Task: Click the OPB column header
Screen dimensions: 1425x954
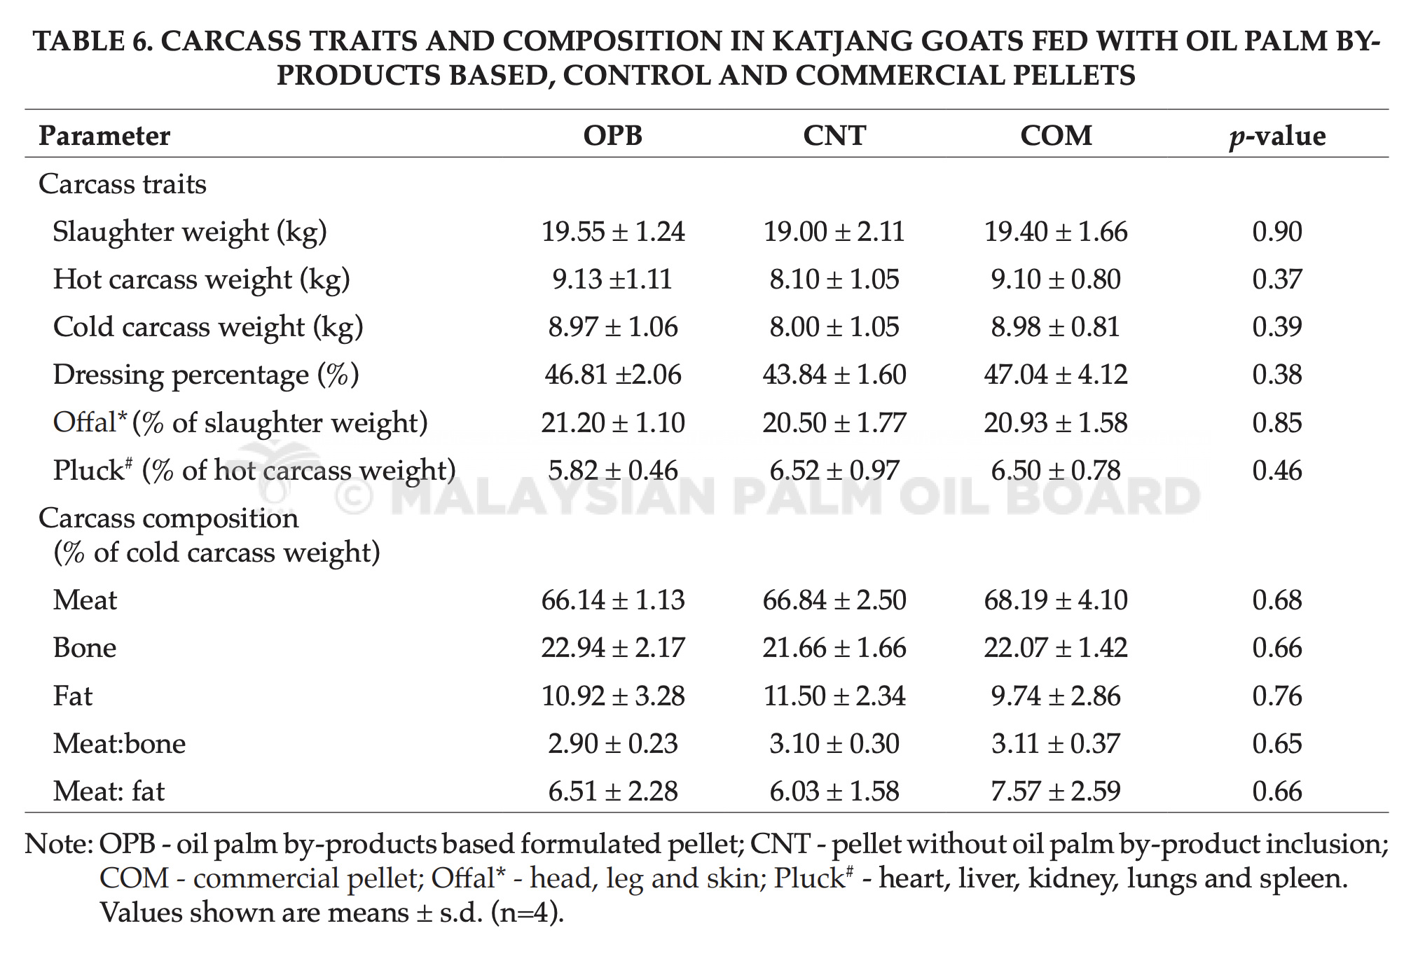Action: (613, 135)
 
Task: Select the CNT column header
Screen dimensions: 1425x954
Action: (834, 135)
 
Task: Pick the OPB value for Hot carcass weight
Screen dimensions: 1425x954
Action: (612, 279)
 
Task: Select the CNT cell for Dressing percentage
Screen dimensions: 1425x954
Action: (834, 374)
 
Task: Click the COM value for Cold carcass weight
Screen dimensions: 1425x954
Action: (1056, 326)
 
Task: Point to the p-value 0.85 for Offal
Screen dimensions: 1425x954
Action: (1277, 422)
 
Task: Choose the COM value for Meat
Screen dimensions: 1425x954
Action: (1056, 600)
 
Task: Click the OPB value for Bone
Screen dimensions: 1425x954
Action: (613, 647)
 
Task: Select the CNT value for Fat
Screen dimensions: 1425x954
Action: (834, 696)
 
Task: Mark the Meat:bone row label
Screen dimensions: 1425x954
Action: (120, 743)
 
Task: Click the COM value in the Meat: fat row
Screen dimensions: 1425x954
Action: (1056, 791)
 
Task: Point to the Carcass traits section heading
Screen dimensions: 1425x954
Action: (123, 184)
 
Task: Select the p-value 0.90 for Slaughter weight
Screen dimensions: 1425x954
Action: (1277, 231)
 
